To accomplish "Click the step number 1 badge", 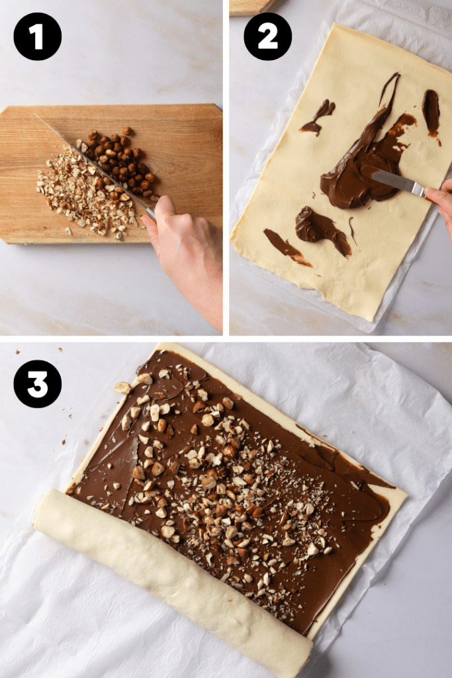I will [38, 36].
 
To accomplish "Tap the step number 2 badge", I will [268, 36].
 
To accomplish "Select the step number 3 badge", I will [38, 384].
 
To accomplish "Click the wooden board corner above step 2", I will [251, 5].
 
